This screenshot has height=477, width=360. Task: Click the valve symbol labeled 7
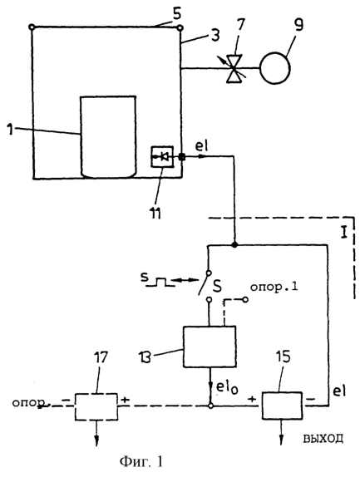pos(234,68)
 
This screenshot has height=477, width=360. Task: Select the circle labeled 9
pos(275,68)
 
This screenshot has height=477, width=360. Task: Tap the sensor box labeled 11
pos(162,157)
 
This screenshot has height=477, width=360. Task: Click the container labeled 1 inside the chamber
pos(108,136)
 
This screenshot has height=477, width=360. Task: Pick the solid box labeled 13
pos(210,347)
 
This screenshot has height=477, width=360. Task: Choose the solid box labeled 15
pos(283,406)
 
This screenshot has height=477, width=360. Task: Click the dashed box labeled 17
pos(96,406)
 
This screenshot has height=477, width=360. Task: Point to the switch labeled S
pos(204,283)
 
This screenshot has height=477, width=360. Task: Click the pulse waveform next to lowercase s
pos(160,282)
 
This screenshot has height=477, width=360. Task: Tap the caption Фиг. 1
pos(141,462)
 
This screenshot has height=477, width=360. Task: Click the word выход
pos(323,439)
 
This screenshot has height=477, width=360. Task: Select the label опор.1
pos(274,288)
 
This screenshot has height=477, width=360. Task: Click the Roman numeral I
pos(344,234)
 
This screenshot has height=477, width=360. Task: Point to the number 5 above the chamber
pos(176,15)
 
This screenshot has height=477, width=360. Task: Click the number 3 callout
pos(215,36)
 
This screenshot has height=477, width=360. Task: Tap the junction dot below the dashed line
pos(234,244)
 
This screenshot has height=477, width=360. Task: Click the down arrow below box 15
pos(282,433)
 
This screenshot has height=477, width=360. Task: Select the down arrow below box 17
pos(96,433)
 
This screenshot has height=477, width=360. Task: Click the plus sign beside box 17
pos(125,400)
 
